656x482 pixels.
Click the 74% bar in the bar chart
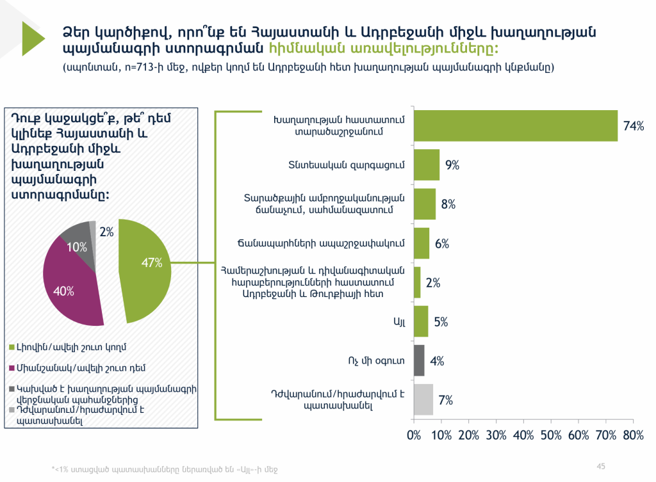(516, 126)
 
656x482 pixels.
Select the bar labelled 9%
(426, 165)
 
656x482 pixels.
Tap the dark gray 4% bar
(419, 360)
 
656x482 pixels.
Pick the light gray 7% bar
(423, 399)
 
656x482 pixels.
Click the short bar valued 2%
(417, 282)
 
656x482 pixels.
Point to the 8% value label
(448, 204)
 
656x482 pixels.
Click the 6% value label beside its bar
(442, 243)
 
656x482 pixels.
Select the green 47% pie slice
(144, 271)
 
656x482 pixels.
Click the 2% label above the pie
(106, 232)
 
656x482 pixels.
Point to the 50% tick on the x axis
(551, 435)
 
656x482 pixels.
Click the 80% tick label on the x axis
(633, 435)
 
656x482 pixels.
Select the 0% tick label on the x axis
(414, 435)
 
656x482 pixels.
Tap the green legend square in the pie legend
(12, 348)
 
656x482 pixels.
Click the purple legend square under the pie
(12, 368)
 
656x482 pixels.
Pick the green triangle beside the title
(33, 39)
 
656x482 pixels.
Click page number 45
(601, 466)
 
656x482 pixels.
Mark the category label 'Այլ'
(399, 322)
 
